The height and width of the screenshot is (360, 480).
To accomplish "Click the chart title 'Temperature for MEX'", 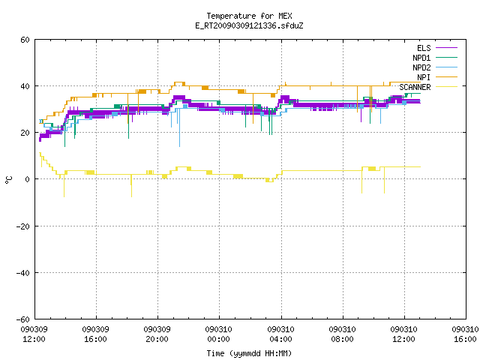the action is coord(249,16).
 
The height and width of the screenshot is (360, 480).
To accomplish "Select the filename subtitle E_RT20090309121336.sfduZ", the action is coord(249,25).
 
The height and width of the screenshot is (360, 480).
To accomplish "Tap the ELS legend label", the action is coord(424,48).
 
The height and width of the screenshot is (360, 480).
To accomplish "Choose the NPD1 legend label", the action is coord(421,58).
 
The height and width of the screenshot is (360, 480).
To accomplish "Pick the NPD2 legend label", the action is coord(421,67).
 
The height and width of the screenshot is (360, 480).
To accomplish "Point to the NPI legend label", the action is coord(424,77).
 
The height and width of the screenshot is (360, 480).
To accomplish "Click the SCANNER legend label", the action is coord(415,87).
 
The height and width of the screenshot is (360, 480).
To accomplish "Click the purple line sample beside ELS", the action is coord(446,48).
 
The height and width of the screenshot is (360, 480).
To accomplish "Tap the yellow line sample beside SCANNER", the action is coord(446,87).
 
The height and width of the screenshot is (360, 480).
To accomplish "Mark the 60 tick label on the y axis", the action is coord(25,40).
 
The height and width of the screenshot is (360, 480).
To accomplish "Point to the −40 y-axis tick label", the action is coord(23,273).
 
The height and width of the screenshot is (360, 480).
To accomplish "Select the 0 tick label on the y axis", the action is coord(28,179).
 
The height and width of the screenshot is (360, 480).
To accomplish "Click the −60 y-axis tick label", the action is coord(23,319).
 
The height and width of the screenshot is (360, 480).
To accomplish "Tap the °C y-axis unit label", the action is coord(8,180).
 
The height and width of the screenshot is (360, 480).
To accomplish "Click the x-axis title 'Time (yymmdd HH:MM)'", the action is coord(249,353).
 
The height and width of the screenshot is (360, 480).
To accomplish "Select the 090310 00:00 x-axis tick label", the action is coord(218,334).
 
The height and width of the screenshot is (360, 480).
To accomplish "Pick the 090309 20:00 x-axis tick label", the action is coord(157,334).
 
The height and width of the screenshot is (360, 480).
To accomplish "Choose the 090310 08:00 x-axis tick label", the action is coord(342,334).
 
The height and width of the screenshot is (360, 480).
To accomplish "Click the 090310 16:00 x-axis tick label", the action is coord(465,334).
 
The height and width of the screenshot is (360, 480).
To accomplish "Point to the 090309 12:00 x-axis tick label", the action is coord(34,334).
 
